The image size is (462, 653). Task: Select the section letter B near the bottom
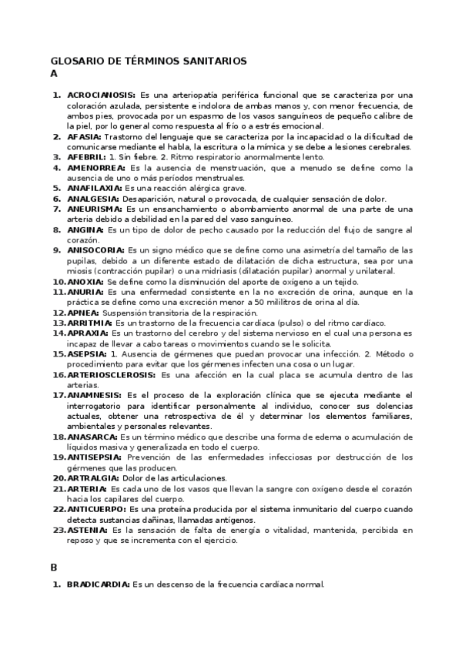click(54, 568)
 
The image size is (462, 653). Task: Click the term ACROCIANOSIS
click(102, 95)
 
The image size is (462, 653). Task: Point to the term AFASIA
click(84, 136)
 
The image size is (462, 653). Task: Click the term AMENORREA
click(96, 167)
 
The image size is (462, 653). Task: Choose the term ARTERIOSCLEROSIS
click(111, 375)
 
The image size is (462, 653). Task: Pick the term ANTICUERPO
click(98, 510)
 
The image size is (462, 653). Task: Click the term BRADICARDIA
click(99, 584)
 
